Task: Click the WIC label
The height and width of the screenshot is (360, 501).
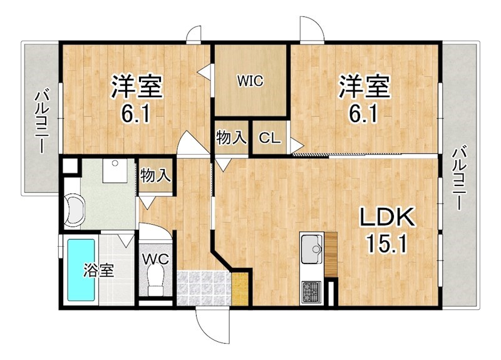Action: (250, 81)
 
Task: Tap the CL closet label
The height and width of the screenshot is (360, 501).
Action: (270, 138)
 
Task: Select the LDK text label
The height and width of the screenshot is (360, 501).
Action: (388, 217)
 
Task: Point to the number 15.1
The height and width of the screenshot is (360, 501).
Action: (387, 244)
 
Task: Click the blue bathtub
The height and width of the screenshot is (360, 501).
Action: (81, 270)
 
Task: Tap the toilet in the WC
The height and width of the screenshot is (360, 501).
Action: (156, 281)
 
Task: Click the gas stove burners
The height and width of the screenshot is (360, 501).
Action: (311, 292)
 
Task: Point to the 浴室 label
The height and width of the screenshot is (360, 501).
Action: (99, 270)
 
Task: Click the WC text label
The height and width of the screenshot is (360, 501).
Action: (155, 259)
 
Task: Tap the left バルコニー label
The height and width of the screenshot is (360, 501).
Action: (42, 121)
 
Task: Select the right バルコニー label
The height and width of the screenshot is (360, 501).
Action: (459, 178)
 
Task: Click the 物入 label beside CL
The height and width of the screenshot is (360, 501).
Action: (231, 138)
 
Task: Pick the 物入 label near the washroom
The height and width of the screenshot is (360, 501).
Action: (155, 175)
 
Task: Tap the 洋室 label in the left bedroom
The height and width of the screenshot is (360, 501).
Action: (137, 86)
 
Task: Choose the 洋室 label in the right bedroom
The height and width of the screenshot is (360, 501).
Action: (364, 86)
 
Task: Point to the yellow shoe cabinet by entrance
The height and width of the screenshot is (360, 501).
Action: (240, 289)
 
